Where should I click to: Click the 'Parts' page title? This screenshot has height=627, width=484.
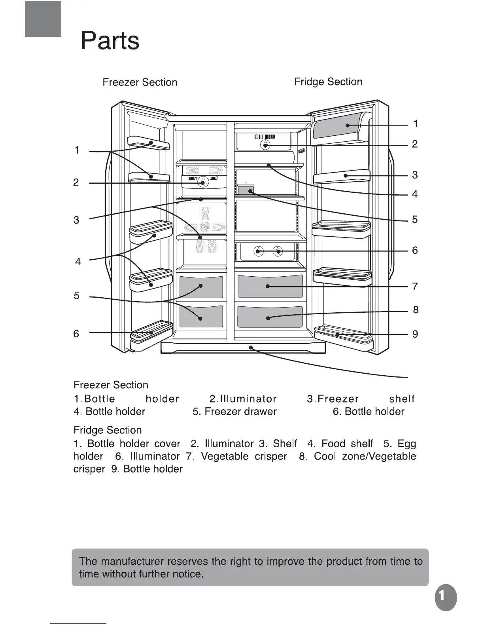[x=110, y=40]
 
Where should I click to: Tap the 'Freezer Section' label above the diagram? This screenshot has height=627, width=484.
[x=140, y=82]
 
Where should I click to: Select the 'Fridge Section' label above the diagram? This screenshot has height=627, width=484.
[x=328, y=82]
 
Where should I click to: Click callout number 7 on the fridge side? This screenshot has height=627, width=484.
[x=415, y=286]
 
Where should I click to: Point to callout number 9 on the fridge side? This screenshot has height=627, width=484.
[x=415, y=334]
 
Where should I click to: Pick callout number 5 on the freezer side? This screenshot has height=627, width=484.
[x=76, y=296]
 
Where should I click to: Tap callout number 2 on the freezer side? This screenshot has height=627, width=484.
[x=76, y=182]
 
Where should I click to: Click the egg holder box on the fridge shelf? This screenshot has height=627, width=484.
[x=246, y=190]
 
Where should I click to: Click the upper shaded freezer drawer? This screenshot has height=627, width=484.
[x=201, y=287]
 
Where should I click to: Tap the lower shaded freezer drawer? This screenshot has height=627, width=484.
[x=201, y=317]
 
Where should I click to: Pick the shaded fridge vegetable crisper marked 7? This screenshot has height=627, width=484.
[x=270, y=286]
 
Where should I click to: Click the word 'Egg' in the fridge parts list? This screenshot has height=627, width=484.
[x=407, y=444]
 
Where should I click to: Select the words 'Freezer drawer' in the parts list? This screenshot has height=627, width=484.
[x=240, y=412]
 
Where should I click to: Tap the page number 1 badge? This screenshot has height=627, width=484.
[x=446, y=598]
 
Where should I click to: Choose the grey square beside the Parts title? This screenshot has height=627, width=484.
[x=43, y=19]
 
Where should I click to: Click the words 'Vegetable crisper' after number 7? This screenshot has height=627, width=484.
[x=244, y=456]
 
